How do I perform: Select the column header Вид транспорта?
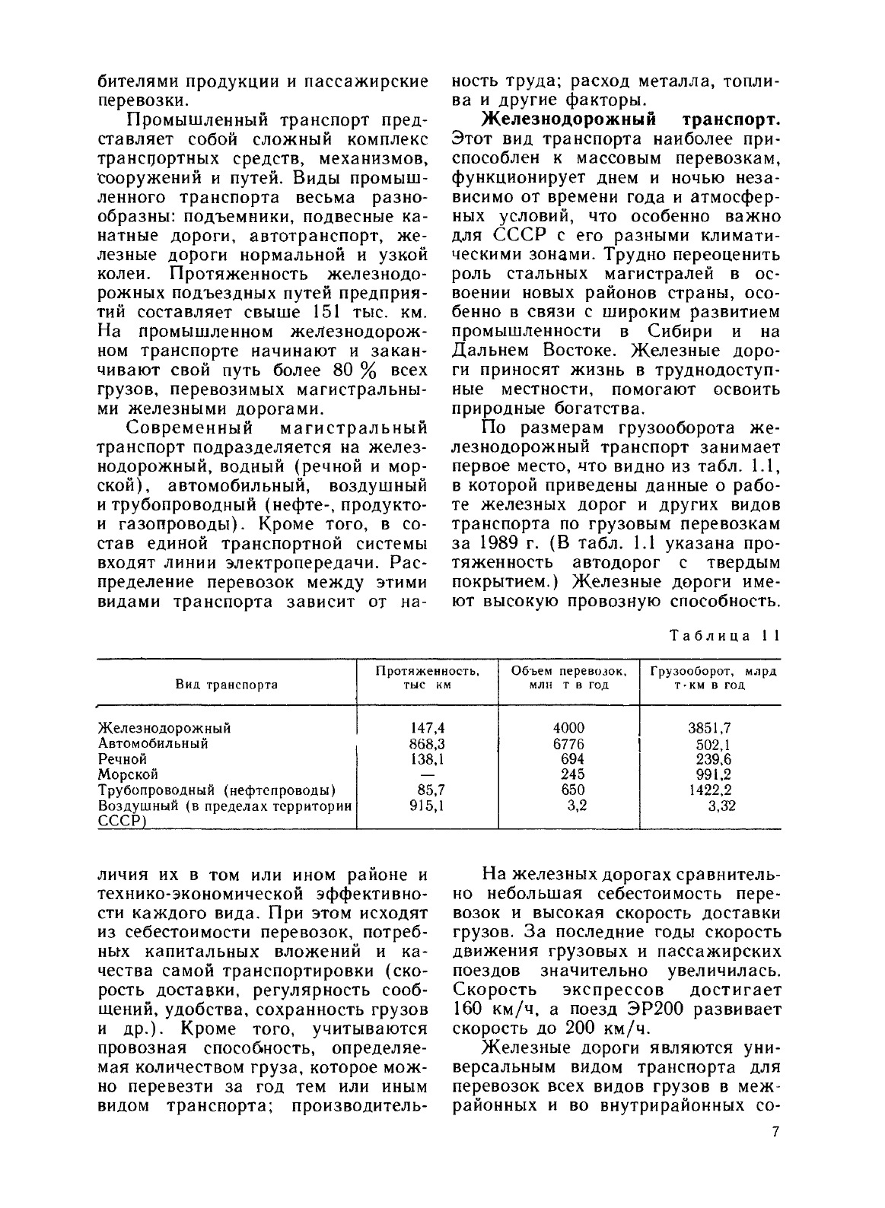[227, 684]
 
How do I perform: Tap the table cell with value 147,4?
[428, 727]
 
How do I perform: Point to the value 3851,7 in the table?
[709, 728]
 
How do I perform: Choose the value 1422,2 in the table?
[709, 790]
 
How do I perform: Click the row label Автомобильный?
[153, 743]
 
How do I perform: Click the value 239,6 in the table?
[709, 759]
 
